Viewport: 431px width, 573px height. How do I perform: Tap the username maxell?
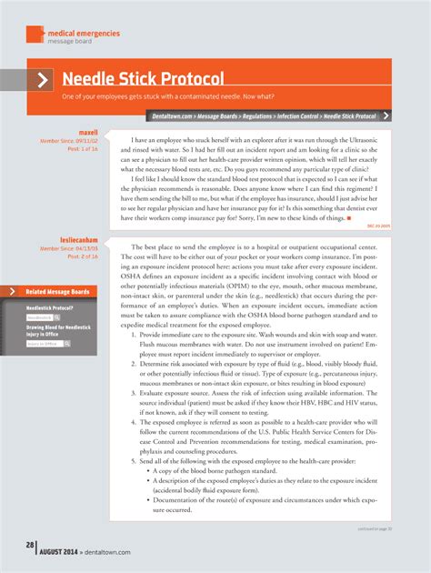click(x=88, y=131)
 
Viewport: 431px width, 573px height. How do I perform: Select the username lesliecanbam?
click(x=79, y=240)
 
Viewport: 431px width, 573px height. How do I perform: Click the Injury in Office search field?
click(x=44, y=344)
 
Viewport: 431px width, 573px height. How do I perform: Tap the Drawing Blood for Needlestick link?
click(x=57, y=326)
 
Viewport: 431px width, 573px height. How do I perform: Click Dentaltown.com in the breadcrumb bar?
click(x=172, y=116)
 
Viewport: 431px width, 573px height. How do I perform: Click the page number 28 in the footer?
click(x=29, y=545)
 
